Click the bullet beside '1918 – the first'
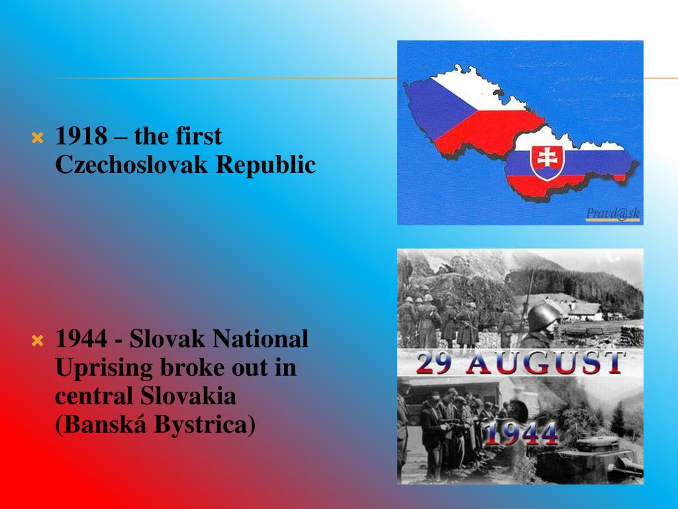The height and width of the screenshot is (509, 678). pyautogui.click(x=38, y=139)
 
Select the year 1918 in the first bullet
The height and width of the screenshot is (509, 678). pyautogui.click(x=81, y=137)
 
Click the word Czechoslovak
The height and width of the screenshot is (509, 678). pyautogui.click(x=132, y=165)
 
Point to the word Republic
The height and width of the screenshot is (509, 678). pyautogui.click(x=266, y=166)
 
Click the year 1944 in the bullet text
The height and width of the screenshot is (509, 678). pyautogui.click(x=81, y=339)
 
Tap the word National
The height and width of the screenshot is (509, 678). pyautogui.click(x=260, y=339)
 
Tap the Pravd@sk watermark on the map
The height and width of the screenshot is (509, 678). pyautogui.click(x=612, y=213)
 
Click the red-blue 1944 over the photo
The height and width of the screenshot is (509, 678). pyautogui.click(x=520, y=434)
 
